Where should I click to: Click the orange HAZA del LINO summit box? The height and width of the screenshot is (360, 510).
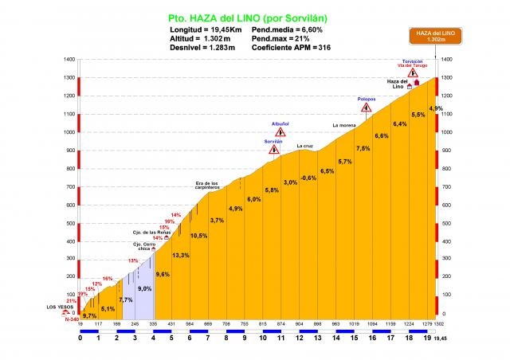[x=434, y=36]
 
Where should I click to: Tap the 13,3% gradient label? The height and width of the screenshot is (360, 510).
[x=181, y=255]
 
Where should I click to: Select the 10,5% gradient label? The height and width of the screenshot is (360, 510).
[x=198, y=236]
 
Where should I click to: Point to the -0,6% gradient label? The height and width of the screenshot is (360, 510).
[x=308, y=177]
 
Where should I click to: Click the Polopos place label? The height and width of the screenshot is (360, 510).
[x=366, y=100]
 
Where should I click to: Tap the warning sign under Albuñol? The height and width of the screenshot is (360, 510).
[x=280, y=132]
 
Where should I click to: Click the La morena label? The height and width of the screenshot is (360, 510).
[x=343, y=125]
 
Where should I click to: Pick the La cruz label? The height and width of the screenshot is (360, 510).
[x=304, y=146]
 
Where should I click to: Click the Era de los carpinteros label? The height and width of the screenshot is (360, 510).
[x=206, y=186]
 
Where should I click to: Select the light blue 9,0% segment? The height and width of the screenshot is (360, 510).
[x=143, y=288]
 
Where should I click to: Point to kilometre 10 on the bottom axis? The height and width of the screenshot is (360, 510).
[x=263, y=338]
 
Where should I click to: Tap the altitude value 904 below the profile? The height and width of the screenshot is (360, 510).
[x=299, y=325]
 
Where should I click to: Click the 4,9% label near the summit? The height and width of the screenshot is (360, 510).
[x=436, y=108]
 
